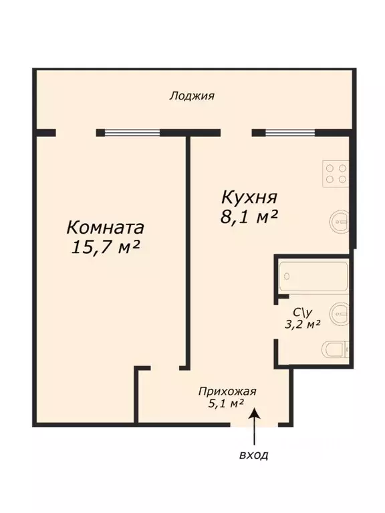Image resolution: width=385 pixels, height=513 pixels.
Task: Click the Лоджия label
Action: pos(192,96)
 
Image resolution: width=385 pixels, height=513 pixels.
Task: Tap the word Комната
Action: pos(106,226)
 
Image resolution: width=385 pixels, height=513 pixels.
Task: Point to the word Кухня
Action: pos(249,198)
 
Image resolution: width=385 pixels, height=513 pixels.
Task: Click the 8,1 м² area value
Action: pos(249,217)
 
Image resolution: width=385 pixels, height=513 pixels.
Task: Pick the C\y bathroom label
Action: pos(303,311)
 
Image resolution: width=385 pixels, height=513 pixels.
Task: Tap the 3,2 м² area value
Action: pos(303,324)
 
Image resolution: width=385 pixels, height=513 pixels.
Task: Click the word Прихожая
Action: pos(227,392)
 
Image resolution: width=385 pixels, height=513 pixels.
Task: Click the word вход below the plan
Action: pos(253,456)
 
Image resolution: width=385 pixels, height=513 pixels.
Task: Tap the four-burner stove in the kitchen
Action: pos(336,174)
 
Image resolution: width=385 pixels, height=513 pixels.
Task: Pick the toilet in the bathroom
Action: pos(334,350)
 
